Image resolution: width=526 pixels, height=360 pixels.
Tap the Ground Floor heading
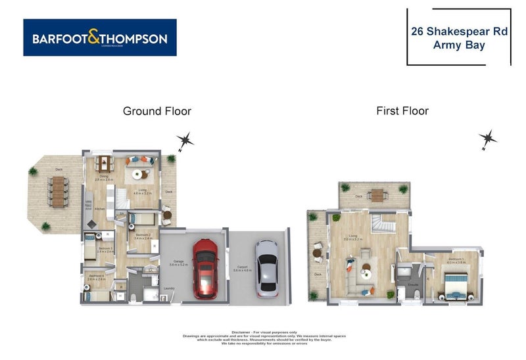pos(157,111)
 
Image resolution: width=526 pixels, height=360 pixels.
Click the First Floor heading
pos(402,111)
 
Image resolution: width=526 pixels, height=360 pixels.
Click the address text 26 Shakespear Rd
pos(458,30)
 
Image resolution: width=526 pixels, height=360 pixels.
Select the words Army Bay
pos(458,45)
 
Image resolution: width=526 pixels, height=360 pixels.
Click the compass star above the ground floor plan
pos(185,140)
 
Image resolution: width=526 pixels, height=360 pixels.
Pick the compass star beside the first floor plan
pos(487,139)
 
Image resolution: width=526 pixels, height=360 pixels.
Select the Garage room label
pos(178,261)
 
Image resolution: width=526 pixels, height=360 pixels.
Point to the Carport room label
pos(241,261)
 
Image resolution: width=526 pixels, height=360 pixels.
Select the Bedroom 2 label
pos(143,235)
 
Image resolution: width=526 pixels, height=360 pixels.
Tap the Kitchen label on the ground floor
pos(99,209)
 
